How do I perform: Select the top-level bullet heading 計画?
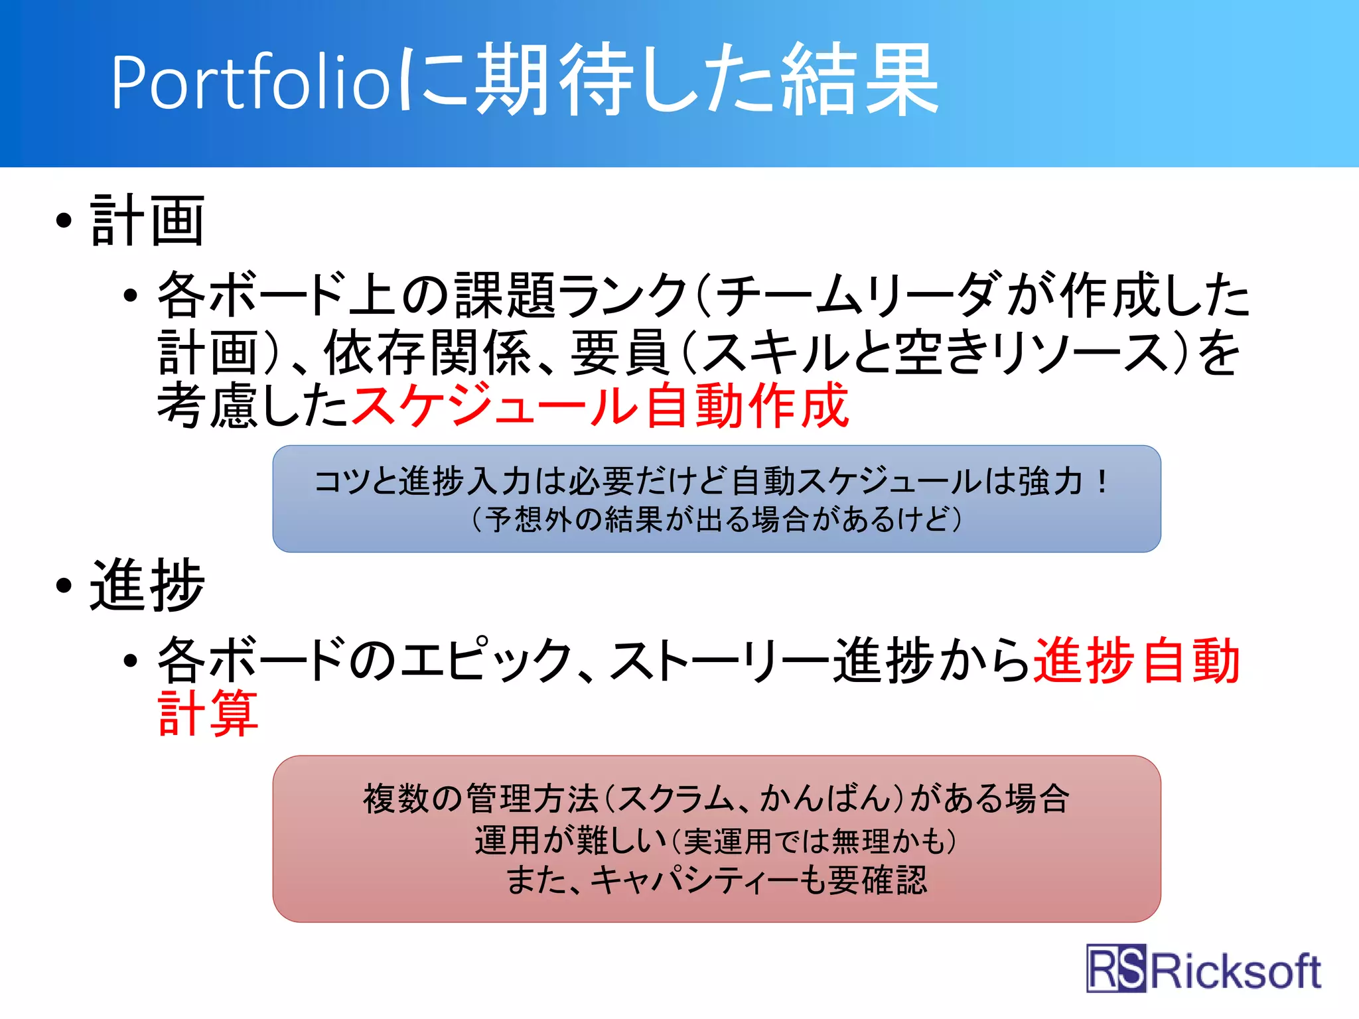point(147,221)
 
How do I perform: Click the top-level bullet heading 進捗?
point(147,585)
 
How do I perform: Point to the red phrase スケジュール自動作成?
point(600,405)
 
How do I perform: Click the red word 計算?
point(208,713)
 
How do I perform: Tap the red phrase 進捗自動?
point(1137,660)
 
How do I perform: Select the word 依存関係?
point(429,352)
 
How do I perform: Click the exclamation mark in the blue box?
point(1102,480)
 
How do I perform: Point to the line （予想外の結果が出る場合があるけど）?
point(717,519)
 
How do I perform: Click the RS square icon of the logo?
point(1116,968)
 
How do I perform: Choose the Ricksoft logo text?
point(1235,971)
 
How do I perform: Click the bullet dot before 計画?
point(64,221)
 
